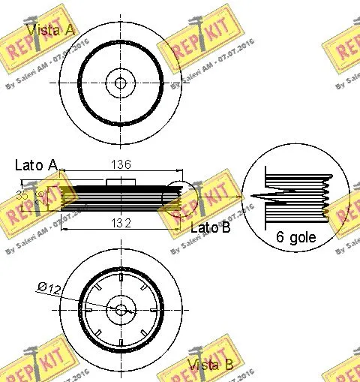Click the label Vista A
(50, 29)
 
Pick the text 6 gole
(295, 237)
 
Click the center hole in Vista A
(118, 83)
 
